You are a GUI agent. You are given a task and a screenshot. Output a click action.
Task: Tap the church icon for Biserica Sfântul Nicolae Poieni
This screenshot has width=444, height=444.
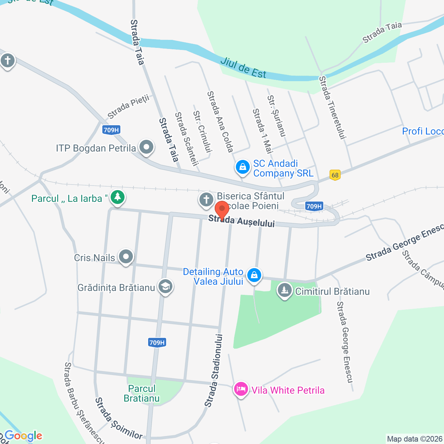pos(206,200)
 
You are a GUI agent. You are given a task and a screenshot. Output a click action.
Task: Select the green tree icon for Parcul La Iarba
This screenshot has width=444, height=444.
pos(118,197)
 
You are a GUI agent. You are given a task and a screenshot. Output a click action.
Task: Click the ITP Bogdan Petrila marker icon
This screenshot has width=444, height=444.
pos(146,147)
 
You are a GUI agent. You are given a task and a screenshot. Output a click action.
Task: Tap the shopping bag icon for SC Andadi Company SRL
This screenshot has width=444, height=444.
pos(243,167)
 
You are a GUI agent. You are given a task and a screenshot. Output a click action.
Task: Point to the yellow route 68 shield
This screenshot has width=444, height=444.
pos(335,175)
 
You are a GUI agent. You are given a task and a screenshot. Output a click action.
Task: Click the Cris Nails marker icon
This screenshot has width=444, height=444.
pos(126,257)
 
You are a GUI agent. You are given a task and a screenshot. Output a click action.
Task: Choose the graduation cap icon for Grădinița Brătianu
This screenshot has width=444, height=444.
pos(165,287)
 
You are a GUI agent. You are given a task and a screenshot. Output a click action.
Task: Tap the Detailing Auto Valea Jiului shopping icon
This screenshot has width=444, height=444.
pos(254,275)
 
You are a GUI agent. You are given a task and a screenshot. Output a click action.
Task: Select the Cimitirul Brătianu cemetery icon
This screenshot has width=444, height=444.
pos(285,290)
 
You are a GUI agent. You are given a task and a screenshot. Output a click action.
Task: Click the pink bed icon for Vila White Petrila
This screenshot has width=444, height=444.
pos(241,389)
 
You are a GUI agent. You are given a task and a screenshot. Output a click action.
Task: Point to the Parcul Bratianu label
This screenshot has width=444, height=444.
pos(142,393)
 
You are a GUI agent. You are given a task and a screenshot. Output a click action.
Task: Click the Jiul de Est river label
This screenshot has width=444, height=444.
pos(243,68)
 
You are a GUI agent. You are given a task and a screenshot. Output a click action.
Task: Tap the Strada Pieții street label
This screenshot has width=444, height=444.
pos(128,106)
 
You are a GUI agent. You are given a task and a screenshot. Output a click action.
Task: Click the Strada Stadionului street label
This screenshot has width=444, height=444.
pos(214,370)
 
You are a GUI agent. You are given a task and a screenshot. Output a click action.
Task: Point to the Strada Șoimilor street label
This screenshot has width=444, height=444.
pos(118,419)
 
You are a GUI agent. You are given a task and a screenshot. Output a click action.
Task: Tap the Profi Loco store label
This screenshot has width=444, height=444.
pos(422,131)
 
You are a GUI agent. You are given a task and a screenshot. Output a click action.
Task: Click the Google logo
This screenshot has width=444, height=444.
pos(23,436)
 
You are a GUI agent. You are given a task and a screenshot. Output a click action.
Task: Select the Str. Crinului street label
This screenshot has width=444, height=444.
pos(202,131)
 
